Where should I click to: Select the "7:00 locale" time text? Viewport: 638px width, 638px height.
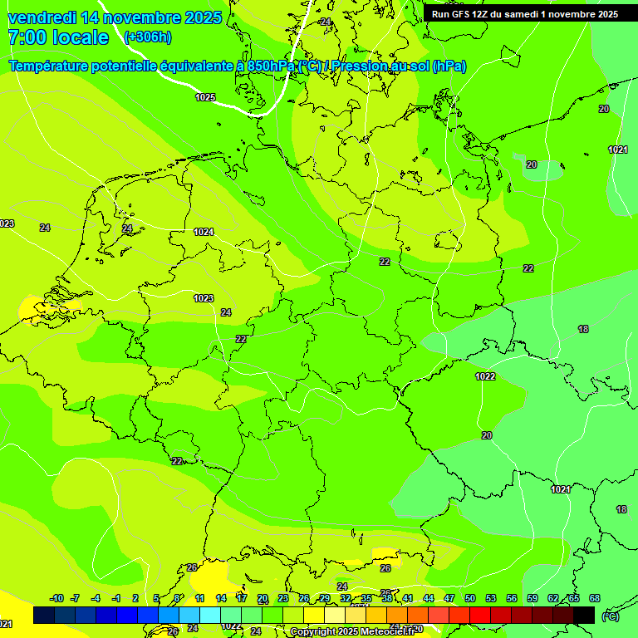pyautogui.click(x=58, y=37)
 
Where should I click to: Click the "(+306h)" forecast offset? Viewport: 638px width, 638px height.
pyautogui.click(x=147, y=37)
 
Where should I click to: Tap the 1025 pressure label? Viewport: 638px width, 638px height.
pyautogui.click(x=205, y=97)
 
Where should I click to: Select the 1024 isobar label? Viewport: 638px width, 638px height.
pyautogui.click(x=204, y=232)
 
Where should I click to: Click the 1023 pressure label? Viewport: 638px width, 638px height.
pyautogui.click(x=204, y=298)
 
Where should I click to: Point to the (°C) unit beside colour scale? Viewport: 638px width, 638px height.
pyautogui.click(x=610, y=616)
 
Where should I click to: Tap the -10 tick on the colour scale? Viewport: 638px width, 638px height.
pyautogui.click(x=56, y=598)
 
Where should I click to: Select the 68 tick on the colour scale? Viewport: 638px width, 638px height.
pyautogui.click(x=595, y=598)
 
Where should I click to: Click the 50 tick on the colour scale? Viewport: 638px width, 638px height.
pyautogui.click(x=470, y=598)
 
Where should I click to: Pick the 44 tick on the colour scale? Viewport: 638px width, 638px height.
pyautogui.click(x=429, y=598)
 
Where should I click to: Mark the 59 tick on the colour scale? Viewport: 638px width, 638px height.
pyautogui.click(x=532, y=598)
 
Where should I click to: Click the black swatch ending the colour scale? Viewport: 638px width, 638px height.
pyautogui.click(x=584, y=615)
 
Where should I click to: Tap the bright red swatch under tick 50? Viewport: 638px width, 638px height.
pyautogui.click(x=480, y=615)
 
